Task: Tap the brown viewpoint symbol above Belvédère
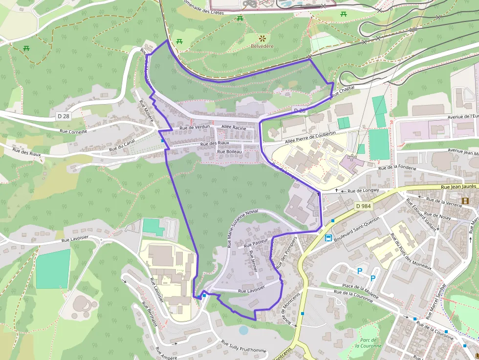tap(262, 38)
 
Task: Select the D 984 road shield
tap(364, 206)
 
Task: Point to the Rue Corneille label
tap(73, 131)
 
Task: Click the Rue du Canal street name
tap(122, 145)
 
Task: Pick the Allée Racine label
tap(234, 127)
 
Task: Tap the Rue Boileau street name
tap(229, 151)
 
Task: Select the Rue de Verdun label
tap(195, 127)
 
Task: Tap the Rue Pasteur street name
tap(256, 242)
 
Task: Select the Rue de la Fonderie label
tap(397, 168)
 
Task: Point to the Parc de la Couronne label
tap(365, 343)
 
